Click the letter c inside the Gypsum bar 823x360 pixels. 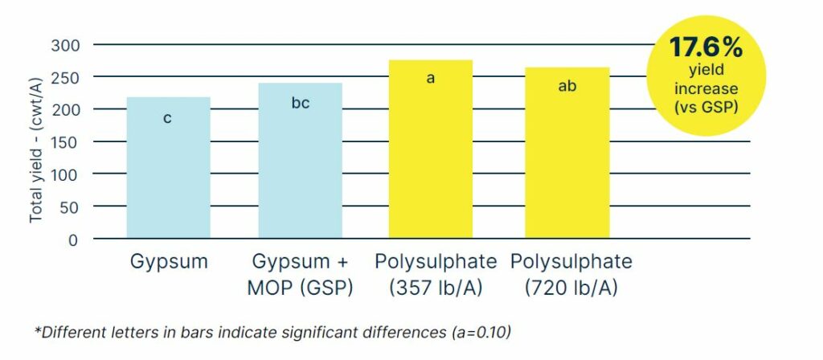pyautogui.click(x=167, y=119)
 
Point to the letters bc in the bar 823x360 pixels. pyautogui.click(x=300, y=104)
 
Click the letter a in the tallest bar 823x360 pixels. pyautogui.click(x=431, y=79)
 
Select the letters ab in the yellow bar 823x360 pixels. pyautogui.click(x=567, y=86)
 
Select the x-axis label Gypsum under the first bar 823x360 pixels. pyautogui.click(x=169, y=263)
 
